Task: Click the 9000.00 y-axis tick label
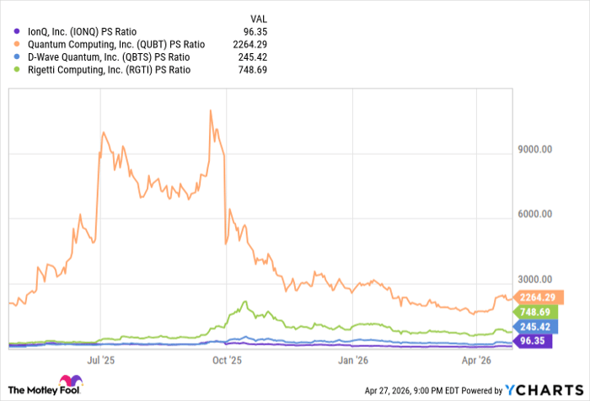534,152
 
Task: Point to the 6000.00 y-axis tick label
534,215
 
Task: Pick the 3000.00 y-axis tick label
534,279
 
